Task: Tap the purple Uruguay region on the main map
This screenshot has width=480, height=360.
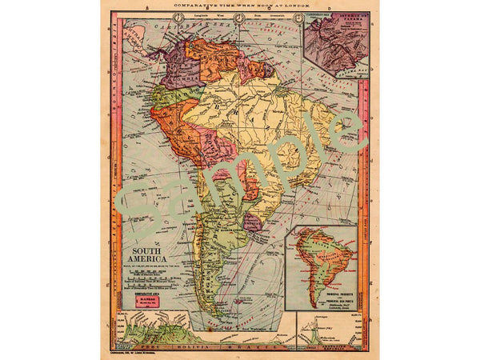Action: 253,222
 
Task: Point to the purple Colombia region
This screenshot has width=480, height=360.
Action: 178,67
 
